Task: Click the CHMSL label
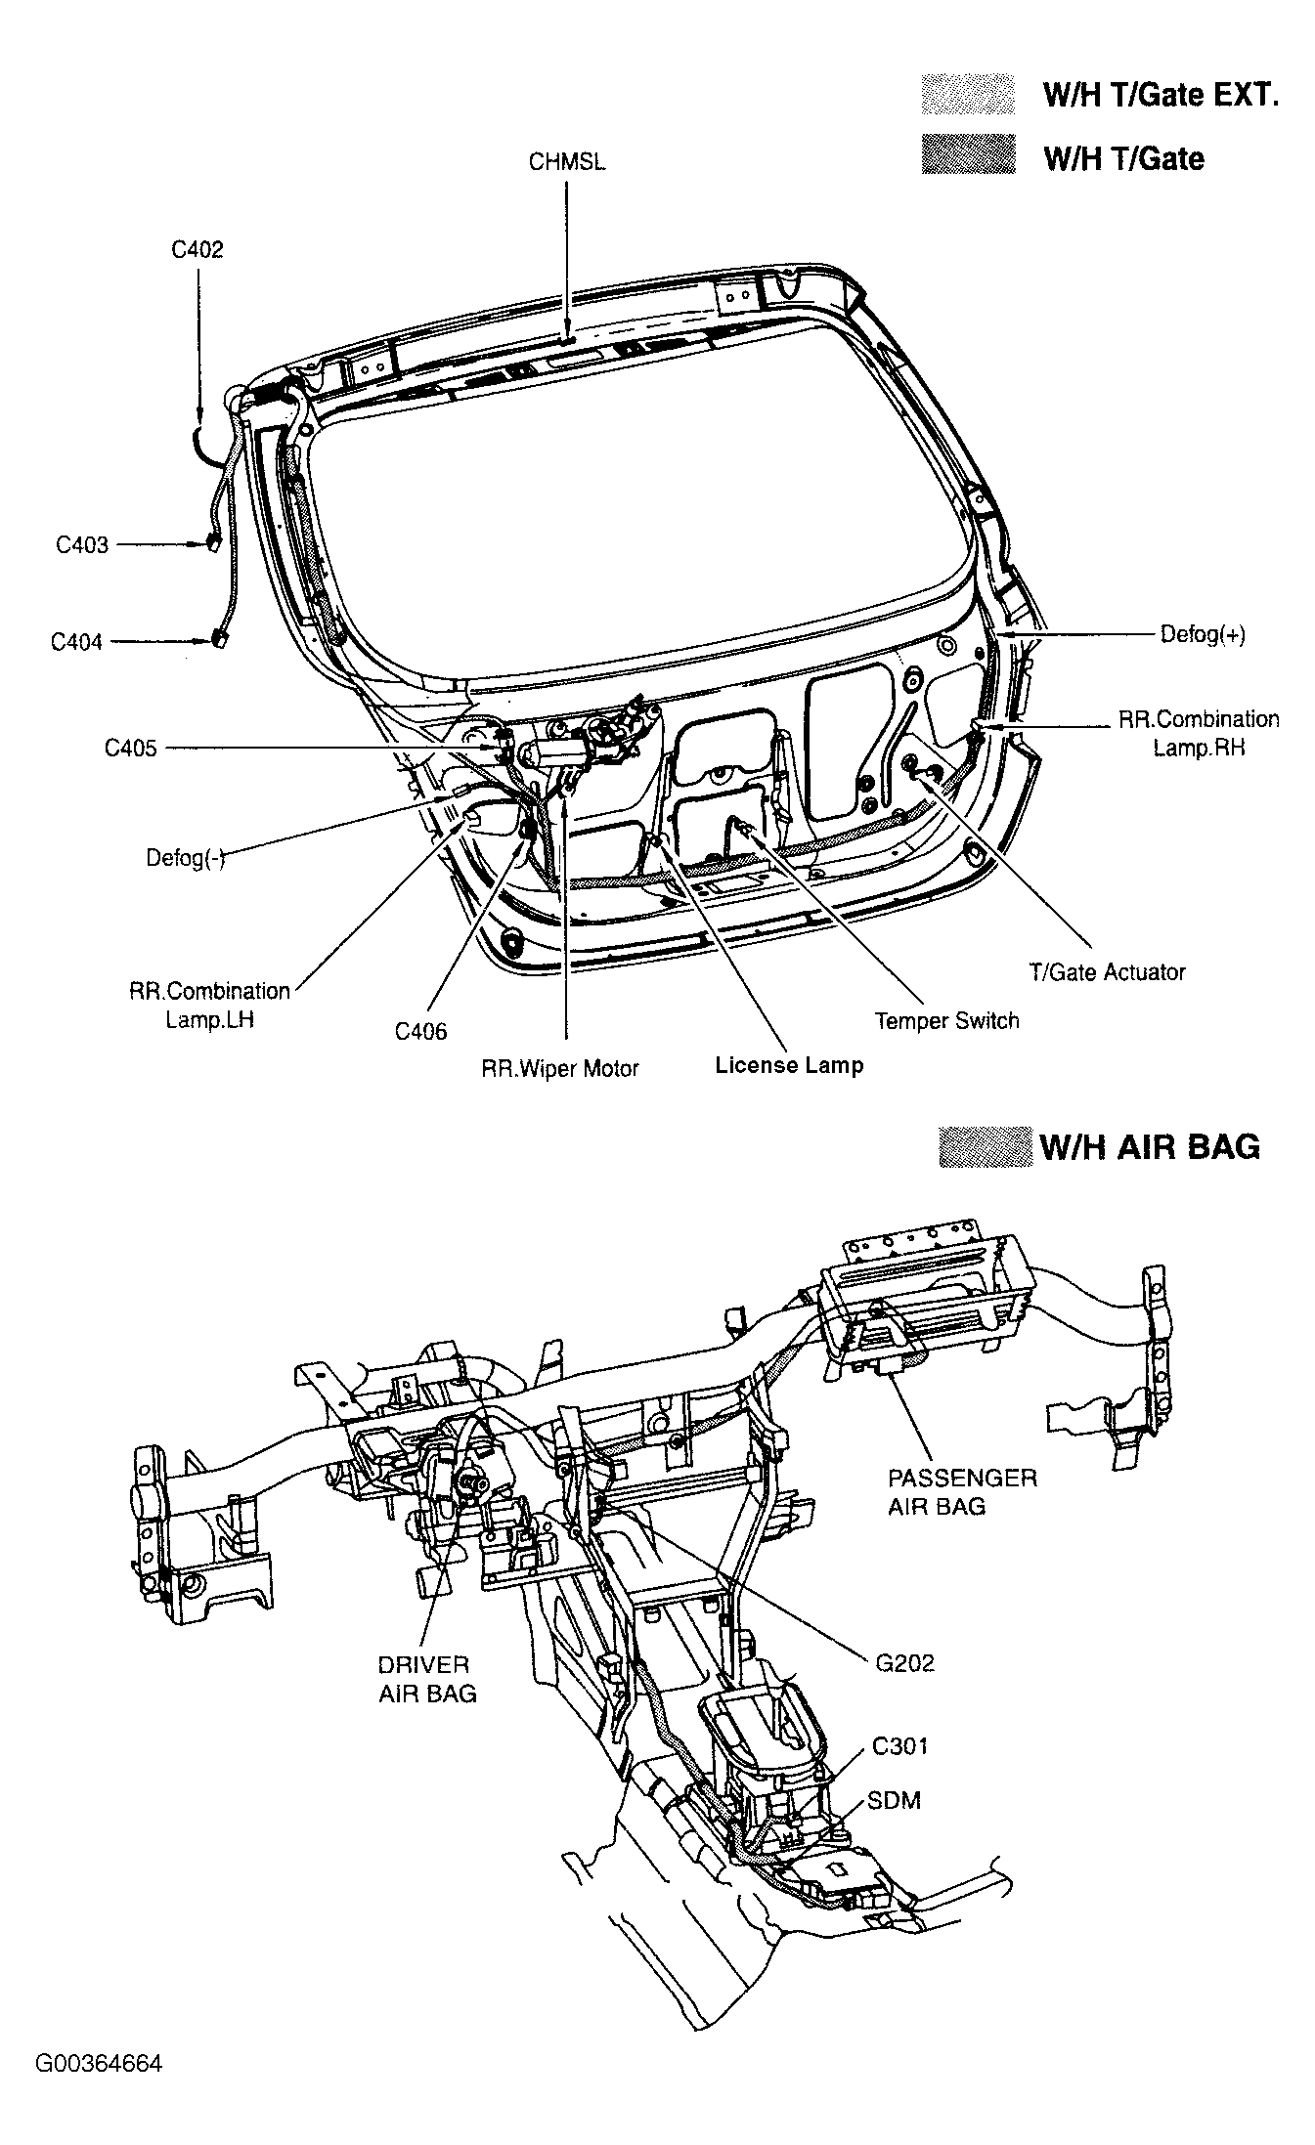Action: (566, 162)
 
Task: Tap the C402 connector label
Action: (197, 250)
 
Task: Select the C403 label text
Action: (82, 545)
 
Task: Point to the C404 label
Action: (77, 642)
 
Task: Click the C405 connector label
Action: (131, 749)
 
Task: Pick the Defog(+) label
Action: (1203, 635)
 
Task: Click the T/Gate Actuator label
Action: (1107, 972)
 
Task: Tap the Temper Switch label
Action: (946, 1021)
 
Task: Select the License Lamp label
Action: (789, 1065)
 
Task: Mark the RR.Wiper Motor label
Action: (559, 1069)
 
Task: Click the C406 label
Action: (421, 1032)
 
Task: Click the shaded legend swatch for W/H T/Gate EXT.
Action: (968, 95)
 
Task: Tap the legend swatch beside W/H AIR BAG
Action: (985, 1146)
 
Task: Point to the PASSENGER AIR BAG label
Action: (962, 1491)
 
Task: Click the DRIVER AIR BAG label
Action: (427, 1679)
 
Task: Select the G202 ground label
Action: (905, 1663)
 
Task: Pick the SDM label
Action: (895, 1800)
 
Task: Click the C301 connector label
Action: (899, 1746)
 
